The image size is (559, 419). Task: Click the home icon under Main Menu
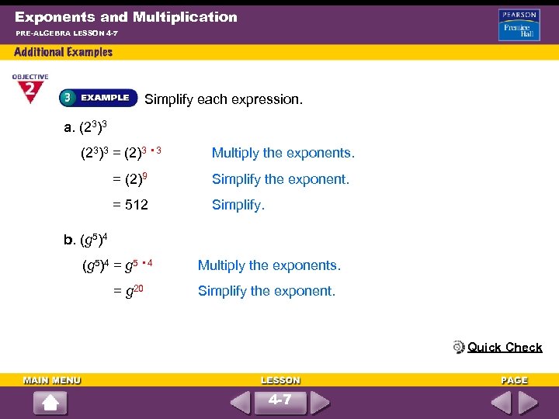50,403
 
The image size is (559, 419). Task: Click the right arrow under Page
528,403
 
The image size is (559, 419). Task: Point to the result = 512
130,205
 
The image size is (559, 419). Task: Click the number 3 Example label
95,98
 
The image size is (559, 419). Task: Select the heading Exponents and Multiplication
126,16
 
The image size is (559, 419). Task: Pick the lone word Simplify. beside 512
238,205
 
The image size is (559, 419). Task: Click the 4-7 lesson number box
279,401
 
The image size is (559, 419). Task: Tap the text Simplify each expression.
224,99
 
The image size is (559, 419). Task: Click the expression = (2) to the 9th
130,178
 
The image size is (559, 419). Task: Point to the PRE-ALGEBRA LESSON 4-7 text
66,33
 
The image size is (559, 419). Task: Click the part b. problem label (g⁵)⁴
91,238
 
